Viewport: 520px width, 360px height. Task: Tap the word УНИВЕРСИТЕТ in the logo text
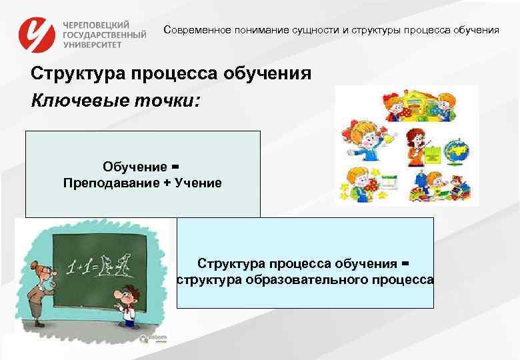[93, 44]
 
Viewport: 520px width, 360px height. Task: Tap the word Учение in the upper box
[199, 183]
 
